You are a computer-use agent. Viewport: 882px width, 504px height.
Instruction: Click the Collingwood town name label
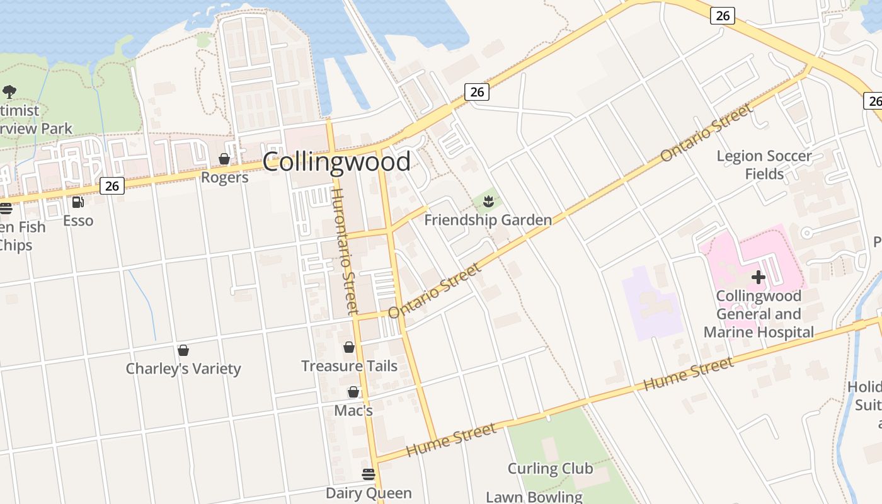[336, 162]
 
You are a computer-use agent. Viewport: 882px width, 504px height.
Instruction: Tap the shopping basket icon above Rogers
[224, 159]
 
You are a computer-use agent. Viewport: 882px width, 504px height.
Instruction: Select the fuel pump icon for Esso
[78, 202]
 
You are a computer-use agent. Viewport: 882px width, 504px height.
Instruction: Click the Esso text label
[78, 220]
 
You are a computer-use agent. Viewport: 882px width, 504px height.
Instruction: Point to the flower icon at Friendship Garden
[488, 202]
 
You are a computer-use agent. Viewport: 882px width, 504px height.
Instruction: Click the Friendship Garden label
[488, 220]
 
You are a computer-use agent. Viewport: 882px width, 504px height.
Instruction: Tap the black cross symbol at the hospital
[759, 277]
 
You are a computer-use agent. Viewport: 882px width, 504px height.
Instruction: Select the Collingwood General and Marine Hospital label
[759, 314]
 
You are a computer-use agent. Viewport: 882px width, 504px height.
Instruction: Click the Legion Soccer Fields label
[764, 164]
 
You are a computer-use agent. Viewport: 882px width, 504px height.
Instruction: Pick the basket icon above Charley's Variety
[183, 350]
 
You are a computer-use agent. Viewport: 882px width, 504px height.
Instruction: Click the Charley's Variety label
[183, 369]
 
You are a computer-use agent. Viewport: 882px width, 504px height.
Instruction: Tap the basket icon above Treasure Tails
[349, 347]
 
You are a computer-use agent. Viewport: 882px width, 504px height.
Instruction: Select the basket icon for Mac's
[353, 392]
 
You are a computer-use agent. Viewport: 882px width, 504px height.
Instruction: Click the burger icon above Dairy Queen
[369, 474]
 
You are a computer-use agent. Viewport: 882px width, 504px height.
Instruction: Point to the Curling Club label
[550, 469]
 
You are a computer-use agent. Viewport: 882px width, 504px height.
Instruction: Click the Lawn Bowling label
[534, 496]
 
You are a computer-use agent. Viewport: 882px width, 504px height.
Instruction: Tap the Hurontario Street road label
[345, 251]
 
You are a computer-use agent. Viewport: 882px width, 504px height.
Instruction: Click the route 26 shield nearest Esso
[112, 186]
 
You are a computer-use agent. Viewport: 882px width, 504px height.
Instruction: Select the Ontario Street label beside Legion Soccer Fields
[706, 133]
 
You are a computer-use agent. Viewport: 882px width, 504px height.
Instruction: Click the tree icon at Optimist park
[9, 92]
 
